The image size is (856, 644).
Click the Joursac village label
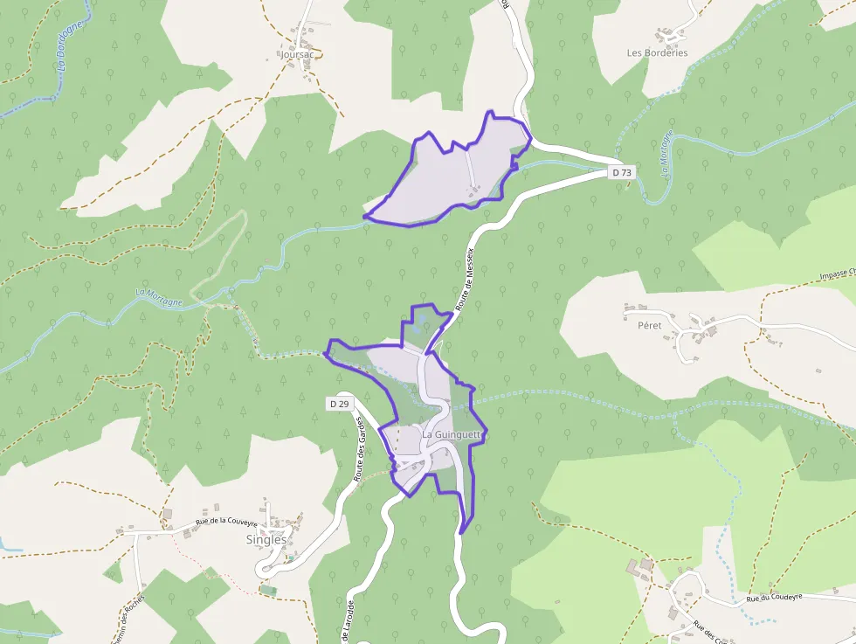298,53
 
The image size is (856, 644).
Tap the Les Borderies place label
657,52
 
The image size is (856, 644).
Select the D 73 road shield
621,173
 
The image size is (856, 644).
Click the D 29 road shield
340,404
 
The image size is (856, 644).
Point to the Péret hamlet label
650,325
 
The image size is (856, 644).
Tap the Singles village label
266,540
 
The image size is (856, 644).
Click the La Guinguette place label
452,434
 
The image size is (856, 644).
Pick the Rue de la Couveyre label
226,523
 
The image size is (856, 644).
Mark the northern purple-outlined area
454,175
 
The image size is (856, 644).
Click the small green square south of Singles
267,590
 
